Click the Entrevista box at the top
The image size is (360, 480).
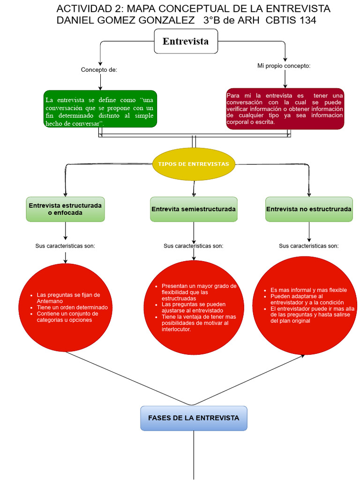click(186, 41)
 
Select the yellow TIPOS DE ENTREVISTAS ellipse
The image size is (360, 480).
click(194, 164)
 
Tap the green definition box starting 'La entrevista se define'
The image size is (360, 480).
click(100, 109)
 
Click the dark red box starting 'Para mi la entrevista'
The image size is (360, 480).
click(285, 109)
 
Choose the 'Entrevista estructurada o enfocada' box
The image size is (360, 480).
click(65, 209)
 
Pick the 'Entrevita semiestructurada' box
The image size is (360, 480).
click(194, 209)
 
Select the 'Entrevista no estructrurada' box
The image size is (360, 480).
click(309, 209)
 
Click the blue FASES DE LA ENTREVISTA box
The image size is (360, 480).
click(194, 418)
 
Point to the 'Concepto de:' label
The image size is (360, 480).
click(99, 70)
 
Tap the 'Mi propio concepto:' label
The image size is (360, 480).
click(284, 66)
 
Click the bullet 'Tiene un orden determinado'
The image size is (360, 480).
click(72, 307)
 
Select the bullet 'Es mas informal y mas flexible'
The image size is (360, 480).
click(308, 290)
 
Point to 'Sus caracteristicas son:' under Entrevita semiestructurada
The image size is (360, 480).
click(194, 246)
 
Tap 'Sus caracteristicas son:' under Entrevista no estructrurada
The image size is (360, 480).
click(309, 246)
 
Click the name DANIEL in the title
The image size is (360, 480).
click(76, 20)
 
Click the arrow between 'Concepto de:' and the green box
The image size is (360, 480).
click(100, 82)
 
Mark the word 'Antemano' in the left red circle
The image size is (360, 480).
click(50, 301)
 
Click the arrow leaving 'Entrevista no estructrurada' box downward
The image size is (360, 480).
click(309, 232)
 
